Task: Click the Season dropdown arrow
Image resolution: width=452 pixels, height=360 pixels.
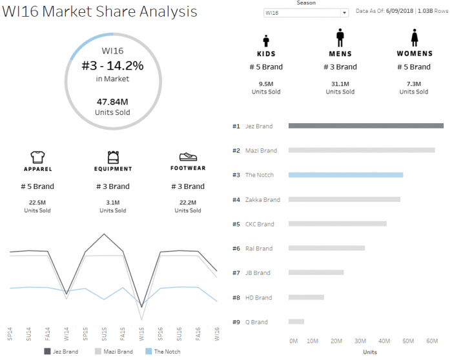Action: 344,12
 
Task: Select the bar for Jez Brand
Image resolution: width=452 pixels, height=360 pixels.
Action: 365,126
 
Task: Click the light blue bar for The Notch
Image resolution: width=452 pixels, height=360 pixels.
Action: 345,175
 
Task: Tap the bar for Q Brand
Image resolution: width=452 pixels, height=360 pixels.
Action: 296,321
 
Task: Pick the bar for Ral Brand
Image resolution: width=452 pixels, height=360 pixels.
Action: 326,248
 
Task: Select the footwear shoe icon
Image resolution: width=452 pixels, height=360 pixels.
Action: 187,157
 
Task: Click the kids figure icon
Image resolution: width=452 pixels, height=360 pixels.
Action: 266,39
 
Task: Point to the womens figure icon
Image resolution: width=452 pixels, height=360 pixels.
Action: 414,39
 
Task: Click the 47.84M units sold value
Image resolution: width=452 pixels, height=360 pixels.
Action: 113,101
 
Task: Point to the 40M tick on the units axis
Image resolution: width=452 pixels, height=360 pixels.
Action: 385,341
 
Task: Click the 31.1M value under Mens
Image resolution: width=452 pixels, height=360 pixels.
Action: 340,84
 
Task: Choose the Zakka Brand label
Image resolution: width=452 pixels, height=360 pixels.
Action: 263,200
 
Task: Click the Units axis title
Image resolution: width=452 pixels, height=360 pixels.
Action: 370,352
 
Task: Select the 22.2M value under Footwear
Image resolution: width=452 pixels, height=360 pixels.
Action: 192,203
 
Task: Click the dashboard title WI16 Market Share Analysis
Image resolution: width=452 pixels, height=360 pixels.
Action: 100,12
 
